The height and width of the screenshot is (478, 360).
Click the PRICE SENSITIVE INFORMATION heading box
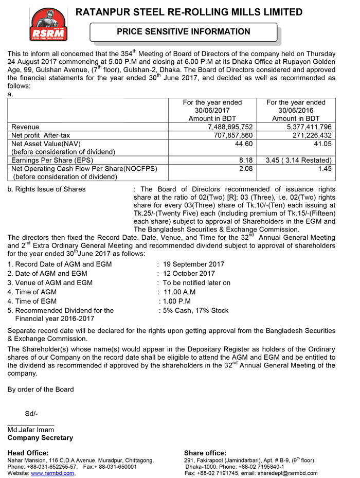click(184, 32)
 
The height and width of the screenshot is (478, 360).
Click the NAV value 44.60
click(244, 144)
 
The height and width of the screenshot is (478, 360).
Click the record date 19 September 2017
click(194, 264)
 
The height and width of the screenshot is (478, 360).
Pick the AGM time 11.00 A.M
click(179, 292)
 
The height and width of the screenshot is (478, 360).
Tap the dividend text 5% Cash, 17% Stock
click(195, 311)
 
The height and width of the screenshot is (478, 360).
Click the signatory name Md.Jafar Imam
click(31, 430)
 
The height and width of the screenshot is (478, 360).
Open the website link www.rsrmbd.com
click(53, 473)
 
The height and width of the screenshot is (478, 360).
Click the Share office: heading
click(205, 453)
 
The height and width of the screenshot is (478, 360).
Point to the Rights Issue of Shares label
click(47, 189)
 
